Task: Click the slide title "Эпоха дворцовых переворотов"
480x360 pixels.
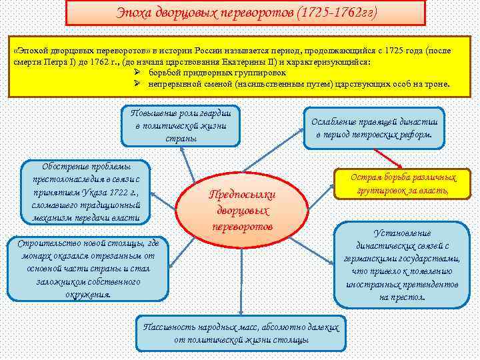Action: tap(200, 13)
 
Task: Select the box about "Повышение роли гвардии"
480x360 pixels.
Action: tap(180, 125)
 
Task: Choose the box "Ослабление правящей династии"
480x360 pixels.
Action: tap(374, 127)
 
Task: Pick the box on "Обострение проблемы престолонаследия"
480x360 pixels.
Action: tap(86, 193)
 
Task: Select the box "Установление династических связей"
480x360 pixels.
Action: tap(402, 264)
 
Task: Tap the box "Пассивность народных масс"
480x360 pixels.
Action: tap(241, 333)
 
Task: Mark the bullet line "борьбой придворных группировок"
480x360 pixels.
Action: tap(217, 72)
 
